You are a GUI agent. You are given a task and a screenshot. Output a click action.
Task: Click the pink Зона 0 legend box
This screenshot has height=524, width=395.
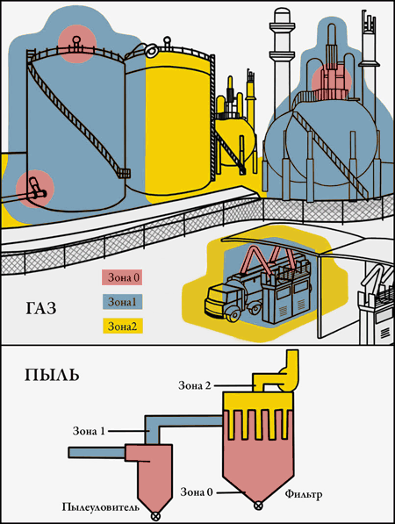coord(122,277)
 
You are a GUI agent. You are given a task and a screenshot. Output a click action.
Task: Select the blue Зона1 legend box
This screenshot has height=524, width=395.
coord(122,302)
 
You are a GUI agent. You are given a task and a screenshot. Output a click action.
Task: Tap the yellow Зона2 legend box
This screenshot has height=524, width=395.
coord(122,326)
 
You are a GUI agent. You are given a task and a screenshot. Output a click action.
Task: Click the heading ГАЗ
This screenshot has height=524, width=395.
coord(41,308)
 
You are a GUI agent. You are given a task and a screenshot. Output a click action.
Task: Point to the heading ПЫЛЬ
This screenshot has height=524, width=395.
coord(52,376)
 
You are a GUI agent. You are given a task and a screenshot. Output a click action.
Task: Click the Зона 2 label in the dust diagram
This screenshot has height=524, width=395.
coord(195,385)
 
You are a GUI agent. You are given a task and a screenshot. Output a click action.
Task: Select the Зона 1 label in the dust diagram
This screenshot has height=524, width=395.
coord(89,431)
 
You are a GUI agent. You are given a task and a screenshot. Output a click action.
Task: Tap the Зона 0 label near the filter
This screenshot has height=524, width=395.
coord(197,492)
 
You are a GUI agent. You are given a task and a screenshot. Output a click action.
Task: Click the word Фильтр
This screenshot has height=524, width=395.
coord(304,494)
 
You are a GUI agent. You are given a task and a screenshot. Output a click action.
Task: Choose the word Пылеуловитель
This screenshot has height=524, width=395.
coord(101,507)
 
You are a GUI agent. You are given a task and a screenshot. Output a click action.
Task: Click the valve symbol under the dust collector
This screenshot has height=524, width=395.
coord(155,516)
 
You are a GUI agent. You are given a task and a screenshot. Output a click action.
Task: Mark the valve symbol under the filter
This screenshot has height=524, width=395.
coord(258,506)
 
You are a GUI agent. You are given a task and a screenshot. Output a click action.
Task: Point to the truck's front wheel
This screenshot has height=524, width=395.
coord(233,314)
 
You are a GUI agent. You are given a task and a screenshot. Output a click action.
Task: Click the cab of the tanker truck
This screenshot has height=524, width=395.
coord(217,300)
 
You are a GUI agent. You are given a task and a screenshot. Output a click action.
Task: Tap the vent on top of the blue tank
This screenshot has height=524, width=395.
coord(76,43)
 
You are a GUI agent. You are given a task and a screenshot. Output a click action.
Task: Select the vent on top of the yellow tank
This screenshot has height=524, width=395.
coord(167,43)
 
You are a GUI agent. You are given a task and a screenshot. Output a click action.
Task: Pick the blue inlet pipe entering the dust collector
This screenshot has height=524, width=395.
coord(97,453)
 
